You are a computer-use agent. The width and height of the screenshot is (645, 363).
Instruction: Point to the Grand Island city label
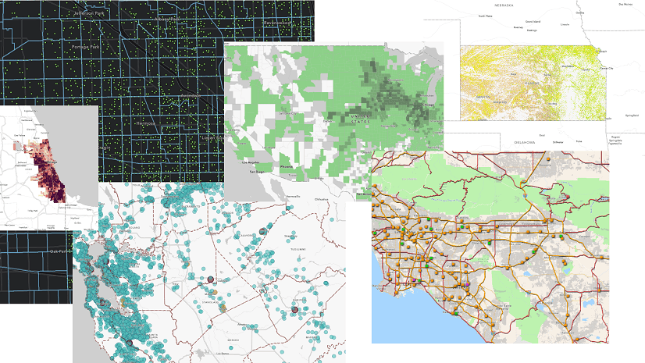coord(533,22)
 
